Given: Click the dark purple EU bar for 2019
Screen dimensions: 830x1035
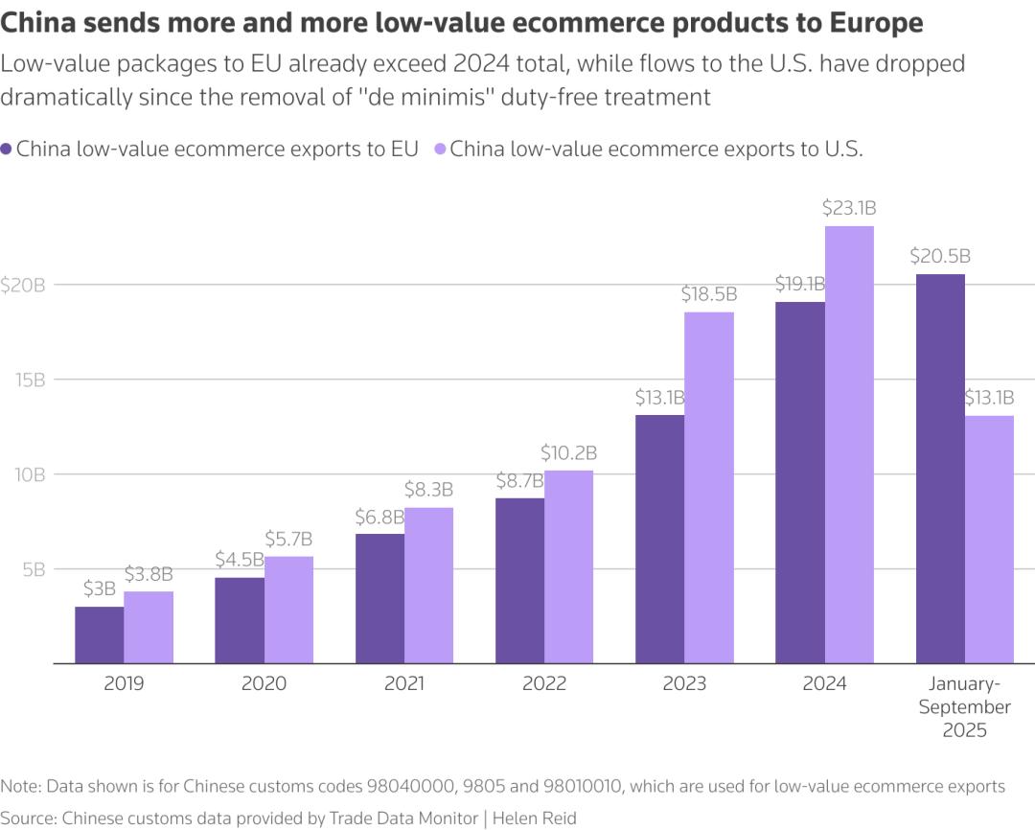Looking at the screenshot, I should pos(100,634).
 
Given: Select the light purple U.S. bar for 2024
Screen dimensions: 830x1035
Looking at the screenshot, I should pos(849,444).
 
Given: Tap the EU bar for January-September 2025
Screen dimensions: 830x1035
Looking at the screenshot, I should pos(940,469).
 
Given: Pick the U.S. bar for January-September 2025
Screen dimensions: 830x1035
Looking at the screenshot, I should pos(989,539).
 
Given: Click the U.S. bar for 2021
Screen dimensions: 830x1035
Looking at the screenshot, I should pos(428,585).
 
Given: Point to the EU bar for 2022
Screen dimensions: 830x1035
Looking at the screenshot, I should pos(519,580).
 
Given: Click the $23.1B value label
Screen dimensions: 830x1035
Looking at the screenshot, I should pos(849,208).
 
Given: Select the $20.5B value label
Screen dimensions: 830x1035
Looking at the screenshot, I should pos(940,256).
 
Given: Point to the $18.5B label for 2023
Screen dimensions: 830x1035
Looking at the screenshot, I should pos(709,294).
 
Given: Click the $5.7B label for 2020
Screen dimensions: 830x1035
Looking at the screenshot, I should pos(288,539).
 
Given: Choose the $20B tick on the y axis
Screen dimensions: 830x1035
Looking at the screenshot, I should pos(23,285).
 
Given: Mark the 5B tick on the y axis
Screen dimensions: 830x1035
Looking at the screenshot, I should pos(31,569).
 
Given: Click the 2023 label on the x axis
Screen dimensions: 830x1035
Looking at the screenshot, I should pos(684,684).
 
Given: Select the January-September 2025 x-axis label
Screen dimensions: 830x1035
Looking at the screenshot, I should pos(964,707).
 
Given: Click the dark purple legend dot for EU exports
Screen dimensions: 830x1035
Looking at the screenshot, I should pos(7,150).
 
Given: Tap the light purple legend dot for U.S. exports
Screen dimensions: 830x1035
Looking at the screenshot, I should pos(440,150).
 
